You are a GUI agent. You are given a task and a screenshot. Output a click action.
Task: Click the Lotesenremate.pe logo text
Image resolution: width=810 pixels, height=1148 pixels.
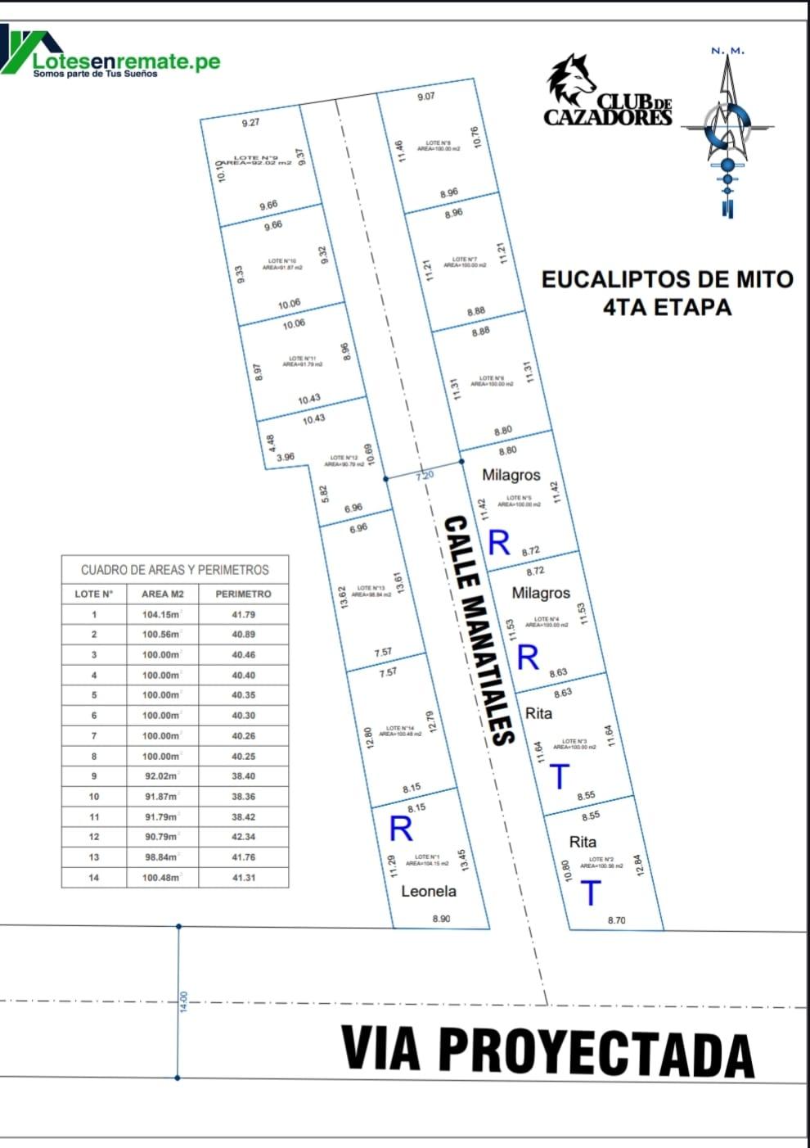coord(127,61)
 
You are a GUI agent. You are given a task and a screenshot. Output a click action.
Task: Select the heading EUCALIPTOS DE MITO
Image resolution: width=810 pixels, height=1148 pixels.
coord(667,279)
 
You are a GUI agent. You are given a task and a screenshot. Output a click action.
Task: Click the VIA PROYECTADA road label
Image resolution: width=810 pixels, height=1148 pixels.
coord(547,1050)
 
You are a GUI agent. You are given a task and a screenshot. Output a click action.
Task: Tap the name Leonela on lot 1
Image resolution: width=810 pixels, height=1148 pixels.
coord(429,891)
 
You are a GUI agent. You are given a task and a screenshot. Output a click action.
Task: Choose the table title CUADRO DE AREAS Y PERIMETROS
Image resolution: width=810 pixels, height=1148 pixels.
coord(174,569)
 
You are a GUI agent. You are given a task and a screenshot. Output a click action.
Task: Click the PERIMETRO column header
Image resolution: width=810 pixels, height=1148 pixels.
coord(243,594)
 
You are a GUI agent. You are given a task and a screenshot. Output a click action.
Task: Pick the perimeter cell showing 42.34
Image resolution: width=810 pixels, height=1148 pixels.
coord(243,837)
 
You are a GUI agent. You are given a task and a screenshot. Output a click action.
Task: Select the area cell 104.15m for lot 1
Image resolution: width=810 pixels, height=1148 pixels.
coord(160,614)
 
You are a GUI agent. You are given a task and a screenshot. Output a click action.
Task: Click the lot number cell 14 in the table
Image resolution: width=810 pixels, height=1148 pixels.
coord(94,877)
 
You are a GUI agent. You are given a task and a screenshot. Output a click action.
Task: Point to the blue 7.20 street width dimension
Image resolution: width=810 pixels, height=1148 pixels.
coord(425,475)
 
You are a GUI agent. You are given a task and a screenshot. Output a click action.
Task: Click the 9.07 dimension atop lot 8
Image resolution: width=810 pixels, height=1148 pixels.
coord(425,97)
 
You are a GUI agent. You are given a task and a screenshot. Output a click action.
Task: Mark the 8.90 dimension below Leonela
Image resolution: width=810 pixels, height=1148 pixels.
coord(441,919)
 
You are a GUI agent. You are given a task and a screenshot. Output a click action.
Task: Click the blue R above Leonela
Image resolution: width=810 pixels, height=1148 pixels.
coord(401,829)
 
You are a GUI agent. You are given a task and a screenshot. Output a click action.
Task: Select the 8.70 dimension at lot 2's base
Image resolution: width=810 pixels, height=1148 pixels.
coord(616,920)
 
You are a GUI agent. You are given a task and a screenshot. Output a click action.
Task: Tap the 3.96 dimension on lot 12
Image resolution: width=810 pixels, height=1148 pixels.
coord(286,457)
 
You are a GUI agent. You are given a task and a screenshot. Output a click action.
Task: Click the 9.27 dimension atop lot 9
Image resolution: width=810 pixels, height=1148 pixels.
coord(250,123)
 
